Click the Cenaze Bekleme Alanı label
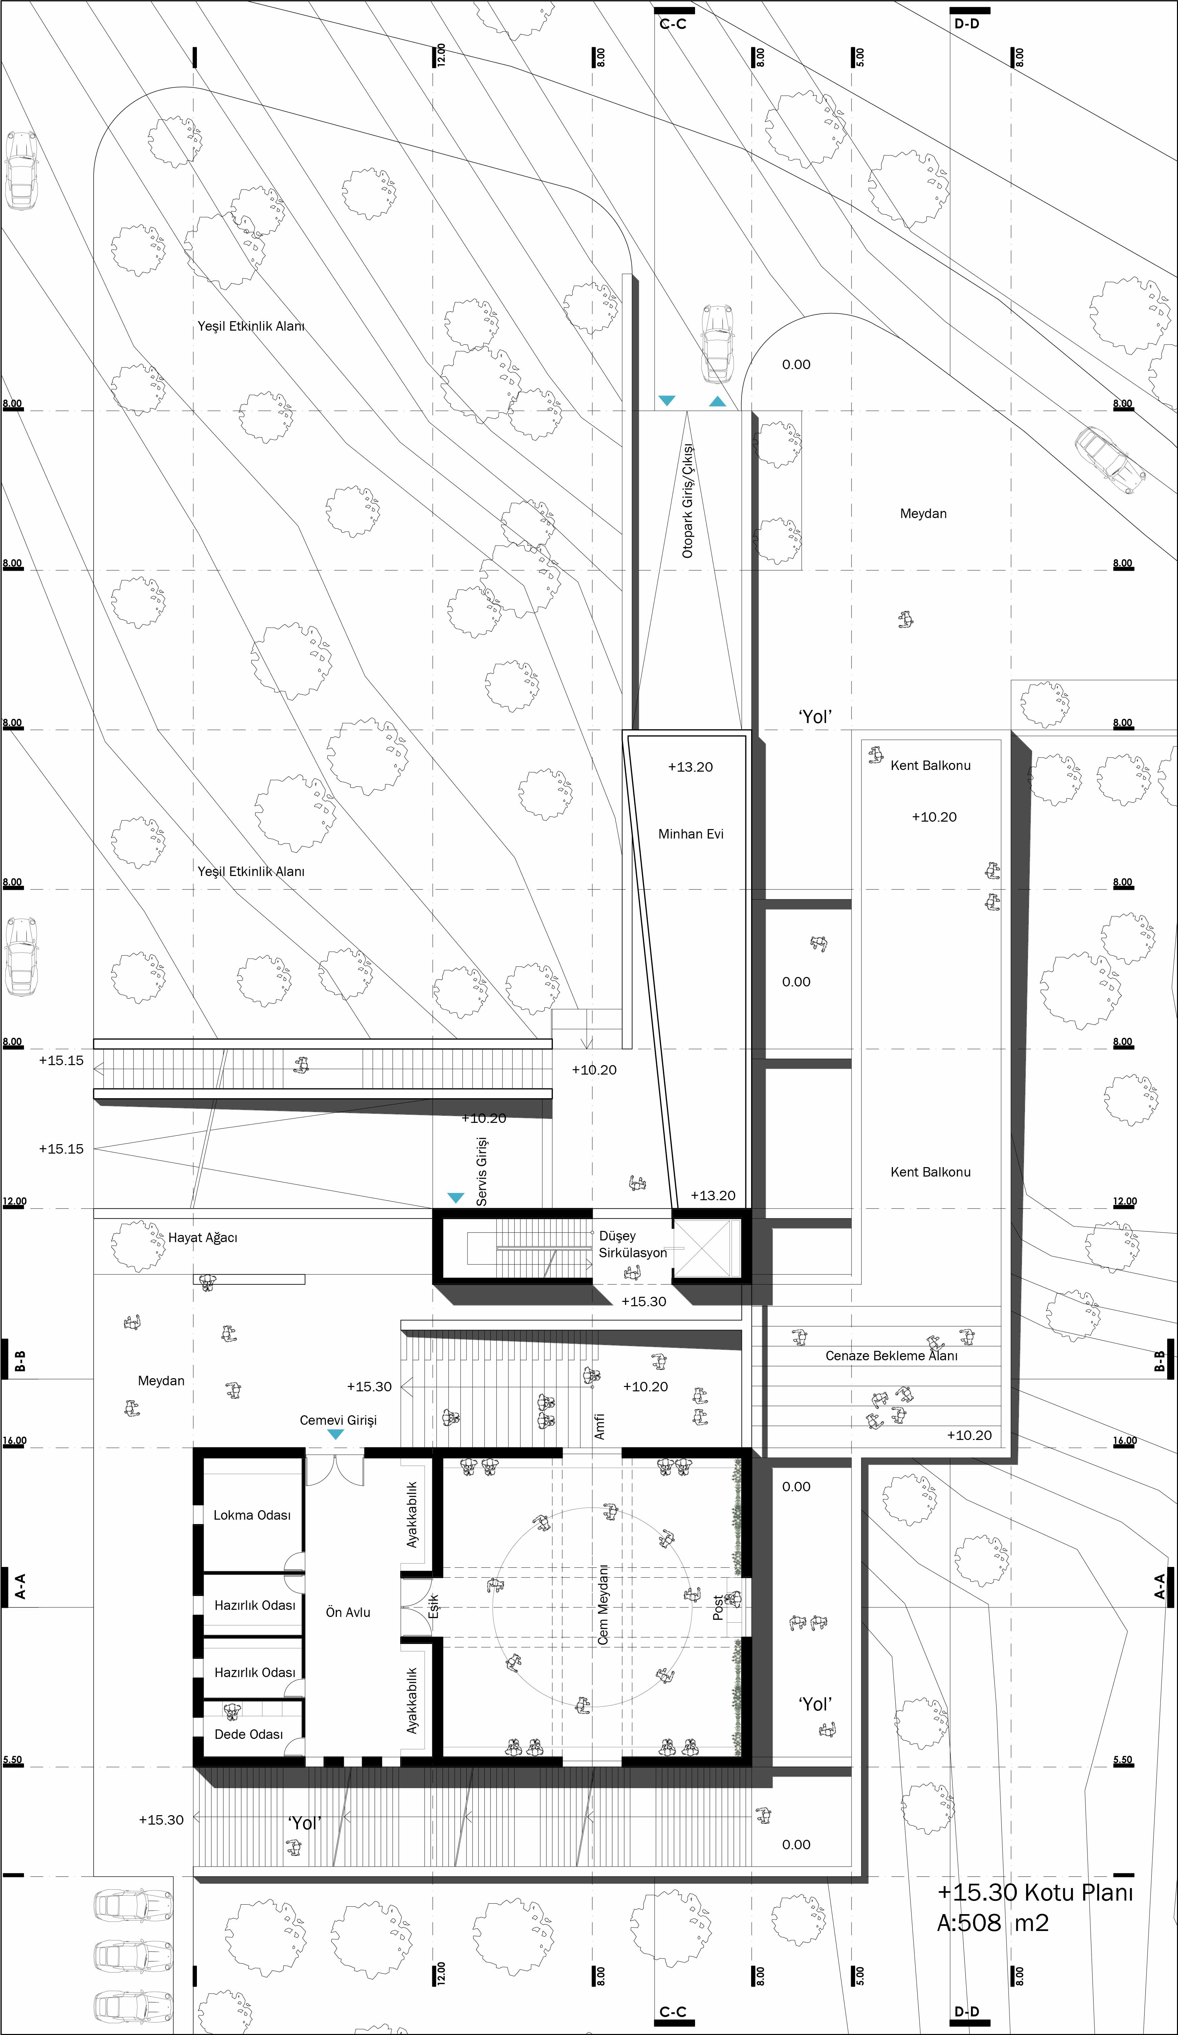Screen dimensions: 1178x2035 (x=891, y=1356)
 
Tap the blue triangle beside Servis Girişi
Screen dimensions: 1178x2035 (x=456, y=1197)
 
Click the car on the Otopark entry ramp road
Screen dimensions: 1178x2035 (x=715, y=343)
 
